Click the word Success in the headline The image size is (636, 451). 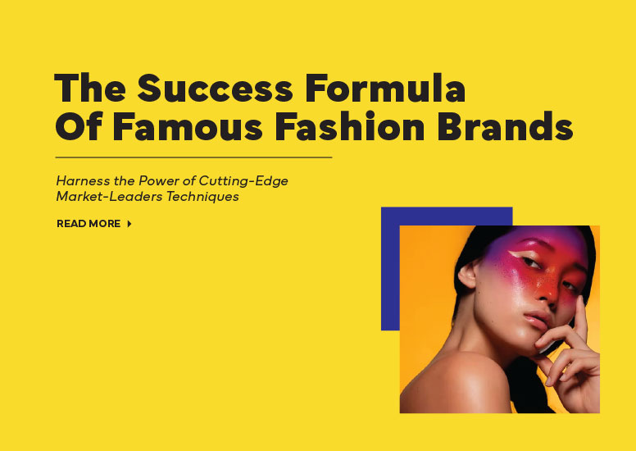click(x=215, y=88)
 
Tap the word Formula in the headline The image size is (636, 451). click(x=385, y=88)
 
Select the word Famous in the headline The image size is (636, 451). click(x=187, y=125)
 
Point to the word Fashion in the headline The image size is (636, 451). click(x=350, y=125)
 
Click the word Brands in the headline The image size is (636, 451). click(x=505, y=125)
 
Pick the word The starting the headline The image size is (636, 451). click(x=89, y=88)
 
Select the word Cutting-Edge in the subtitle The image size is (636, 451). click(x=243, y=180)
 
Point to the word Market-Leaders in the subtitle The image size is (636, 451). click(x=110, y=197)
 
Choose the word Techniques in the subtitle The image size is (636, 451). click(x=202, y=197)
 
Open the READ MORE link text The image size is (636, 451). click(x=89, y=224)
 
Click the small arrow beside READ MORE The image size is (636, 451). click(x=129, y=224)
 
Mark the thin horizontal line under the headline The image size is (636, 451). click(x=193, y=157)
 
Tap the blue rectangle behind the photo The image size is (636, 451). click(x=390, y=268)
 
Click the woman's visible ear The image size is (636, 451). click(x=467, y=275)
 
